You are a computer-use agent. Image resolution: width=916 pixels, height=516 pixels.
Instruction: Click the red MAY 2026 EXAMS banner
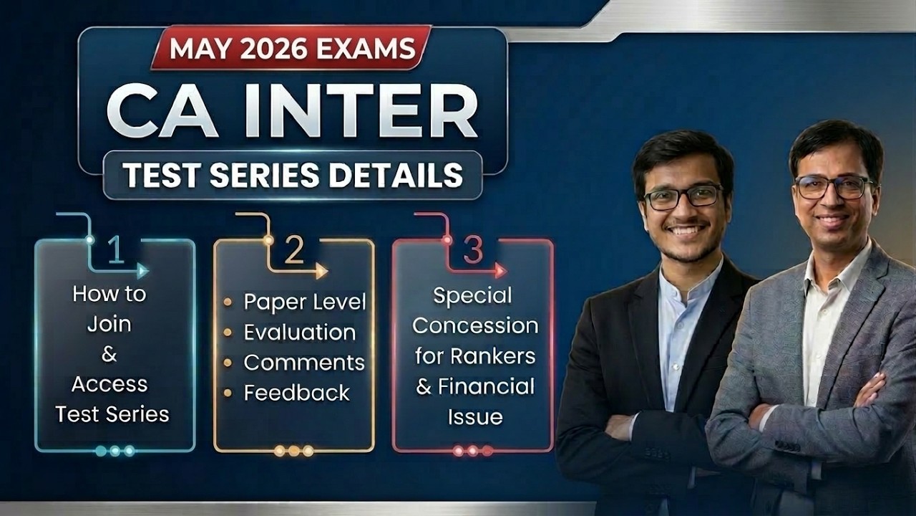[x=291, y=48]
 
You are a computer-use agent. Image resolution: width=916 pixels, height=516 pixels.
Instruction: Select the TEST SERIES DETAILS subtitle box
[x=293, y=175]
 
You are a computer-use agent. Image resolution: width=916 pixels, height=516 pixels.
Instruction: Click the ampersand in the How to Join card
[x=109, y=354]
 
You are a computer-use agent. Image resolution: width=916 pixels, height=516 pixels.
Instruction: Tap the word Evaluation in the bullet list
[x=299, y=333]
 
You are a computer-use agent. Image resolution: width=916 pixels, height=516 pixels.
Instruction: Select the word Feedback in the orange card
[x=296, y=393]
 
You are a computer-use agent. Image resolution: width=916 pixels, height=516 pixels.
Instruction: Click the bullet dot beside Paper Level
[x=228, y=302]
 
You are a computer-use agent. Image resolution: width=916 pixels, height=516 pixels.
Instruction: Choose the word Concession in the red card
[x=474, y=325]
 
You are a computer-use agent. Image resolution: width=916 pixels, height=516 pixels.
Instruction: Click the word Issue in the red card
[x=474, y=416]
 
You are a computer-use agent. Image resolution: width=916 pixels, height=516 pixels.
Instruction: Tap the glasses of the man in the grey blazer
[x=833, y=188]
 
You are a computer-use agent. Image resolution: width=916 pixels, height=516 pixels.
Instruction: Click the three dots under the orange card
[x=293, y=451]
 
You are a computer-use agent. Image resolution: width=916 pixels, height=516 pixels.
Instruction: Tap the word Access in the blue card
[x=109, y=384]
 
